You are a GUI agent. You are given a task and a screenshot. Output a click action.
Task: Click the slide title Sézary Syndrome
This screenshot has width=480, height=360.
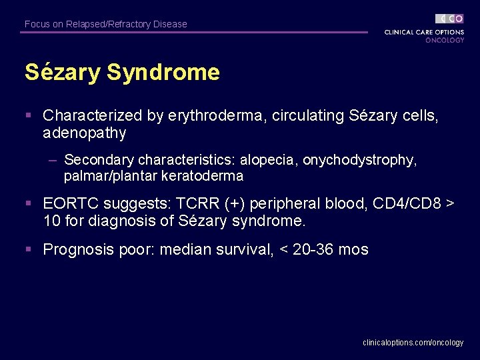point(122,72)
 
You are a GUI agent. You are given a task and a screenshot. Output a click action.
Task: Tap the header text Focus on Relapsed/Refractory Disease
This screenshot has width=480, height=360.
point(105,24)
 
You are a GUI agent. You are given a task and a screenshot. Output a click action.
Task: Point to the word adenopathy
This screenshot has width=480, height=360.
point(84,133)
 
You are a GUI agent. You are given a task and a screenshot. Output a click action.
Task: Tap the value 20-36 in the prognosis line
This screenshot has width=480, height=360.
point(308,250)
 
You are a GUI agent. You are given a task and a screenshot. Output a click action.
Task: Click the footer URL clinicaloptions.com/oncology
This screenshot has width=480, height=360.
point(413,342)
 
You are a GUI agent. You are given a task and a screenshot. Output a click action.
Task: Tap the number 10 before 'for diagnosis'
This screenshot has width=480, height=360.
point(51,220)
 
